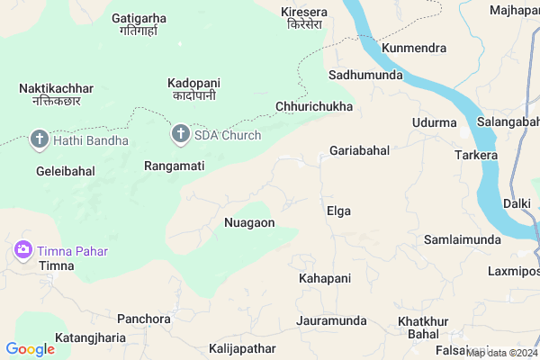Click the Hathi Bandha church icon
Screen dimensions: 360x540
[x=39, y=139]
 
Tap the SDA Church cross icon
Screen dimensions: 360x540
[x=180, y=136]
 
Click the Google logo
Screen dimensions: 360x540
[x=30, y=349]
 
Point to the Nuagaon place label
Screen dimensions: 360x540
[x=249, y=221]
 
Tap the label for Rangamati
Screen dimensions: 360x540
[x=175, y=166]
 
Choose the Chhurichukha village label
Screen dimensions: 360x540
[x=313, y=106]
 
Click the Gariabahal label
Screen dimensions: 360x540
[x=359, y=150]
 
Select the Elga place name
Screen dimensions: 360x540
[x=338, y=211]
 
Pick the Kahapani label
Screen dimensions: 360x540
[x=324, y=279]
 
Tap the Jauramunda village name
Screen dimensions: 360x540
[x=331, y=320]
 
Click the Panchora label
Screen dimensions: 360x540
[x=144, y=319]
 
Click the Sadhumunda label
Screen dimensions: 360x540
[x=365, y=75]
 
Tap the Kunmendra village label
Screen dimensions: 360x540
[x=414, y=47]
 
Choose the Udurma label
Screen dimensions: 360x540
[x=434, y=122]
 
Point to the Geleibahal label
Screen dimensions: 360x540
[x=65, y=170]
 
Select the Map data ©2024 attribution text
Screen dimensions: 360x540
[x=502, y=353]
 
